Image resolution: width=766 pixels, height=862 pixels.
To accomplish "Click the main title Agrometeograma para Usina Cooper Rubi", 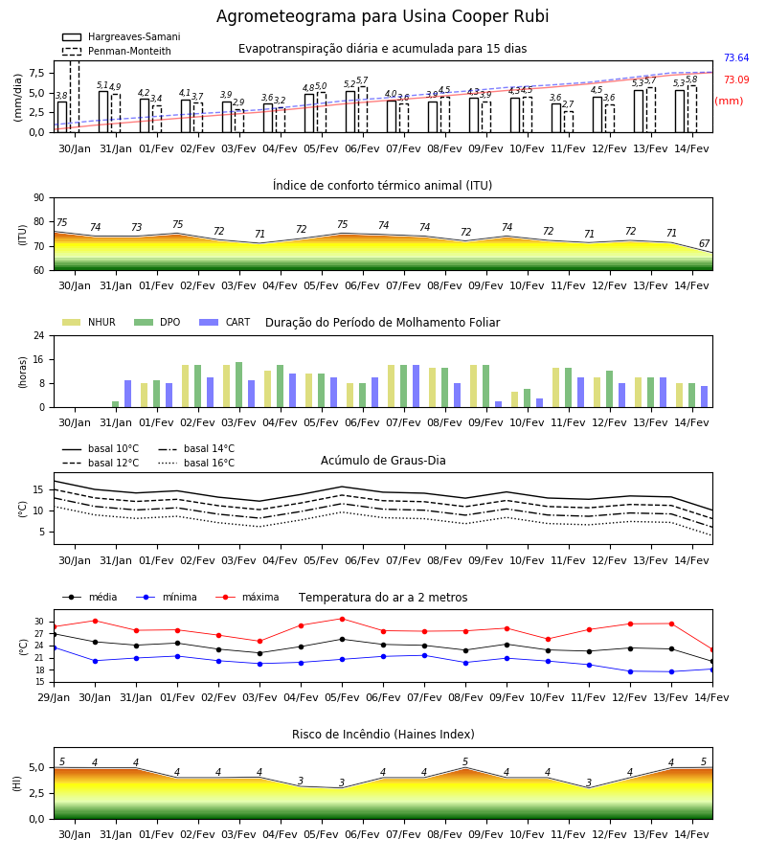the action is tap(382, 16).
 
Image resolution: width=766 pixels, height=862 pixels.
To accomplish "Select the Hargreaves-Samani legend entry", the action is tap(122, 36).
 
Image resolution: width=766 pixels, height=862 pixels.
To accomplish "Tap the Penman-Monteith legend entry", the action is tap(117, 51).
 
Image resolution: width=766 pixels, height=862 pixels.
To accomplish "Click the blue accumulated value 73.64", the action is tap(736, 57).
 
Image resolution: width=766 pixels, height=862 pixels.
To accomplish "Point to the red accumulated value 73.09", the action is tap(736, 79).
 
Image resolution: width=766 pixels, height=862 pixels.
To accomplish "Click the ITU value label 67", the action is tap(704, 243).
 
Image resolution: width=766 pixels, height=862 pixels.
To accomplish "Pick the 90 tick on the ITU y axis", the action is tap(39, 198).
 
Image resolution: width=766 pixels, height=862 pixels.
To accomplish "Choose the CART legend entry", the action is tap(225, 322).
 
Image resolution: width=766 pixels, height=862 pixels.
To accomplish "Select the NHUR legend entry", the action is tap(89, 322).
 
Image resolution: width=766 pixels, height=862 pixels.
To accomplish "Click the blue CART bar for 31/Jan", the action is tap(128, 394).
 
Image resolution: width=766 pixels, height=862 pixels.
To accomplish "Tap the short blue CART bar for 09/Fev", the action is tap(499, 404).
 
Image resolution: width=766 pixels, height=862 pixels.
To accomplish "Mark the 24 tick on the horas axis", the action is tap(39, 335).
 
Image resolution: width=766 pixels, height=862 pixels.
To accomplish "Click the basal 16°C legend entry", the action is tap(196, 463).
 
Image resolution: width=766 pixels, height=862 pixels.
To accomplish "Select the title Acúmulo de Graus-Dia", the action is tap(383, 461).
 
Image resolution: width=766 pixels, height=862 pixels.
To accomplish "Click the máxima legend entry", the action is tap(248, 597).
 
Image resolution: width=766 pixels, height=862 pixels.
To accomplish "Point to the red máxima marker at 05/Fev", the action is tap(343, 619).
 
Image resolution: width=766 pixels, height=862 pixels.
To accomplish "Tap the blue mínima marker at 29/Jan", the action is tap(55, 647).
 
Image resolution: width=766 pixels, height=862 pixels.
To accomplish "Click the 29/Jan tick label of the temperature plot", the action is tap(54, 697).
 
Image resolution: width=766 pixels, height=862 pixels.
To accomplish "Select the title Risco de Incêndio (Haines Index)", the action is tap(383, 735).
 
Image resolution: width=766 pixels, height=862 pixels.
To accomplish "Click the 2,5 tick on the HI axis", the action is tap(37, 793).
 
